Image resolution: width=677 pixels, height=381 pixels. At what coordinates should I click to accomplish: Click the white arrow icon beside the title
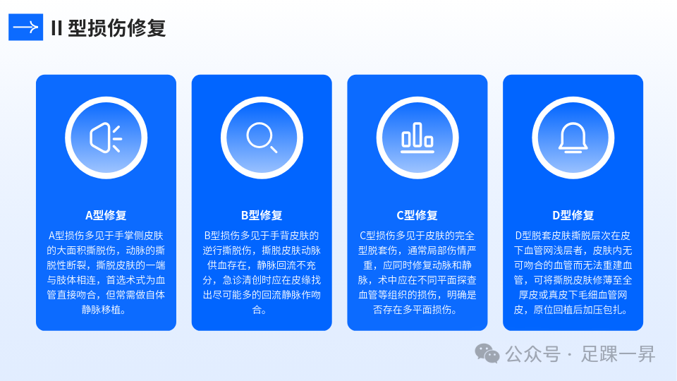(25, 28)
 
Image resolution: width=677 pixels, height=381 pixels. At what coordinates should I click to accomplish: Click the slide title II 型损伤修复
(108, 28)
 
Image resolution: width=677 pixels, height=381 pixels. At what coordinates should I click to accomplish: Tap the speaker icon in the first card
(106, 138)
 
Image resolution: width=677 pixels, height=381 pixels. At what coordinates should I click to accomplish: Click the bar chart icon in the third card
(417, 137)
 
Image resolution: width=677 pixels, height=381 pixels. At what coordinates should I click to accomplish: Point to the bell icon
(573, 137)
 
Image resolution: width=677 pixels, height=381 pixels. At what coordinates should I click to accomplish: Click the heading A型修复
(106, 215)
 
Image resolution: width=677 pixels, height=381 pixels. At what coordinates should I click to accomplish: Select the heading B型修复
(262, 215)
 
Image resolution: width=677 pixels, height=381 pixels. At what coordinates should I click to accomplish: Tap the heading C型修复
(417, 215)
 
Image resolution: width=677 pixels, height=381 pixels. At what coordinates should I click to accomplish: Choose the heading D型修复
(573, 215)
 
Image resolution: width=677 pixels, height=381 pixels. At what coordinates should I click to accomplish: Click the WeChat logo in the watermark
(487, 353)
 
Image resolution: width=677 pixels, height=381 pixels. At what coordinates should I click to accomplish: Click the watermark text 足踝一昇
(618, 353)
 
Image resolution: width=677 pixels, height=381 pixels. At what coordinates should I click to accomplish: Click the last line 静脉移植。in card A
(106, 310)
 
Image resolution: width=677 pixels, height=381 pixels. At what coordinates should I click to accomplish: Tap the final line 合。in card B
(262, 310)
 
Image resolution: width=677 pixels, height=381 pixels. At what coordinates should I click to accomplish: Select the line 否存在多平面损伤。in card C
(417, 310)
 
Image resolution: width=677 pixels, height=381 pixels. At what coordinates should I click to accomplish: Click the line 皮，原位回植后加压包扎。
(573, 310)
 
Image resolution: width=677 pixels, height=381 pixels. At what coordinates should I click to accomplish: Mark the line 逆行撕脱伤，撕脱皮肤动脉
(262, 250)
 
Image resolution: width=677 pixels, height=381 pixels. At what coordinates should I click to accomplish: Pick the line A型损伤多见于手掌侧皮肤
(106, 236)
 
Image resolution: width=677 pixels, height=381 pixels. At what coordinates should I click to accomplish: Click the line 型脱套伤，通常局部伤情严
(417, 250)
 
